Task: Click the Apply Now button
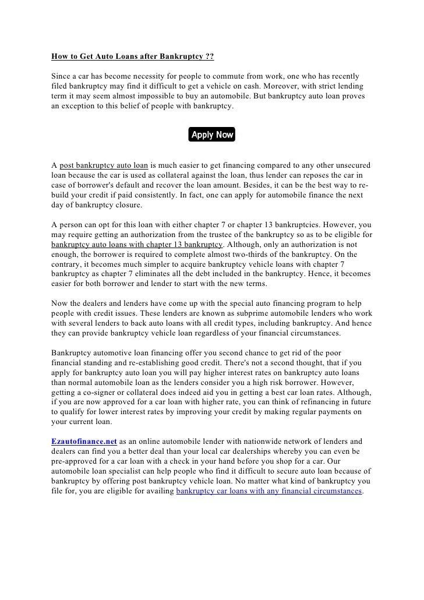click(212, 135)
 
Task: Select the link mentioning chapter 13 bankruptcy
click(137, 244)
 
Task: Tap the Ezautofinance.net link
click(84, 442)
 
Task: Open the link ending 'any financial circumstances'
click(268, 491)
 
